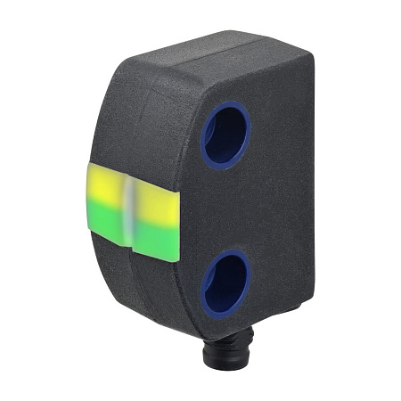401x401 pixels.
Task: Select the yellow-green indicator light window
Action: [x=134, y=212]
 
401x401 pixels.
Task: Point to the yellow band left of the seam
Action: [x=107, y=187]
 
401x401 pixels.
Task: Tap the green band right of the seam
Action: [x=158, y=238]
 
